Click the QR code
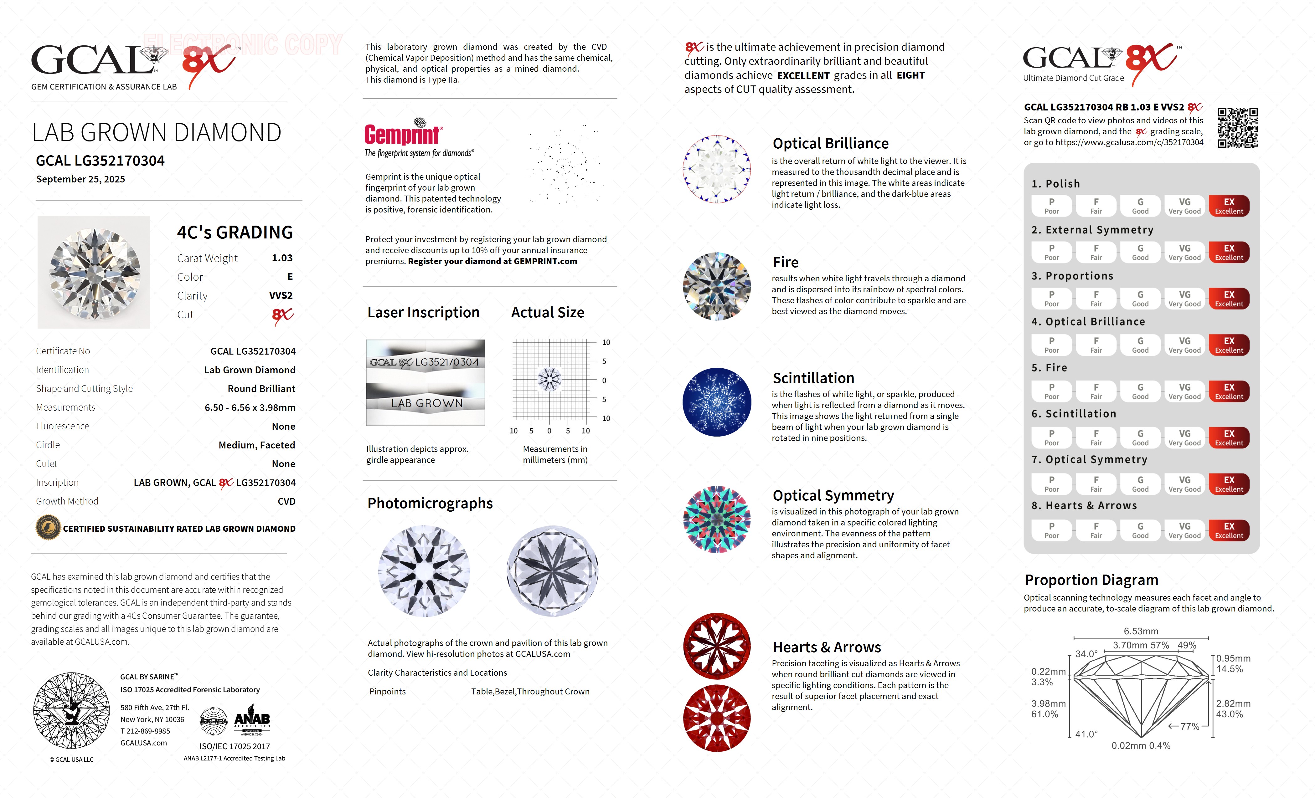tap(1237, 128)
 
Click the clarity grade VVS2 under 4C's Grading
tap(281, 295)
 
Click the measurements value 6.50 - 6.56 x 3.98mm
tap(250, 407)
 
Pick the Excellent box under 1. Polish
tap(1229, 206)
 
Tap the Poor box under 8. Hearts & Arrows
tap(1051, 530)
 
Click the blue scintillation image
tap(717, 402)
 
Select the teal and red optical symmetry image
tap(717, 519)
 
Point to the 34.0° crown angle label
tap(1086, 654)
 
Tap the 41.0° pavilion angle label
tap(1086, 734)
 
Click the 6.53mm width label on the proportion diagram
tap(1141, 631)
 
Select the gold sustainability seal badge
tap(48, 528)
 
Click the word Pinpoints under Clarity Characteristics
tap(388, 691)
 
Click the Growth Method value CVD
tap(286, 501)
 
